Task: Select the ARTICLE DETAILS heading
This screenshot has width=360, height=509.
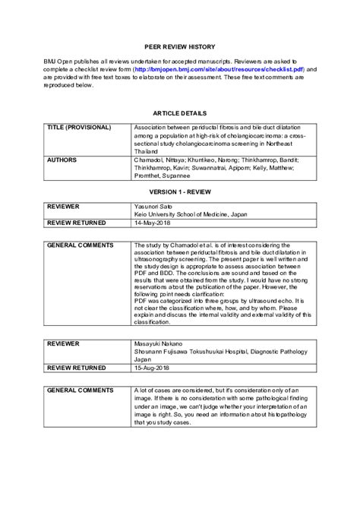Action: pyautogui.click(x=179, y=112)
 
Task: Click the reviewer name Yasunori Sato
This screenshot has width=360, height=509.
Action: pyautogui.click(x=153, y=207)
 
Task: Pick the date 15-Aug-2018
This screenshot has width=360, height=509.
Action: pyautogui.click(x=151, y=367)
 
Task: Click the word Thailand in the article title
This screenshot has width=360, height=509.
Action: pyautogui.click(x=147, y=151)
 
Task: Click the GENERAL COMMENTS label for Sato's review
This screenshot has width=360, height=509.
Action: pyautogui.click(x=80, y=245)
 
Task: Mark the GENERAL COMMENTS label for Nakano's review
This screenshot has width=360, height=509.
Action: pyautogui.click(x=80, y=388)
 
